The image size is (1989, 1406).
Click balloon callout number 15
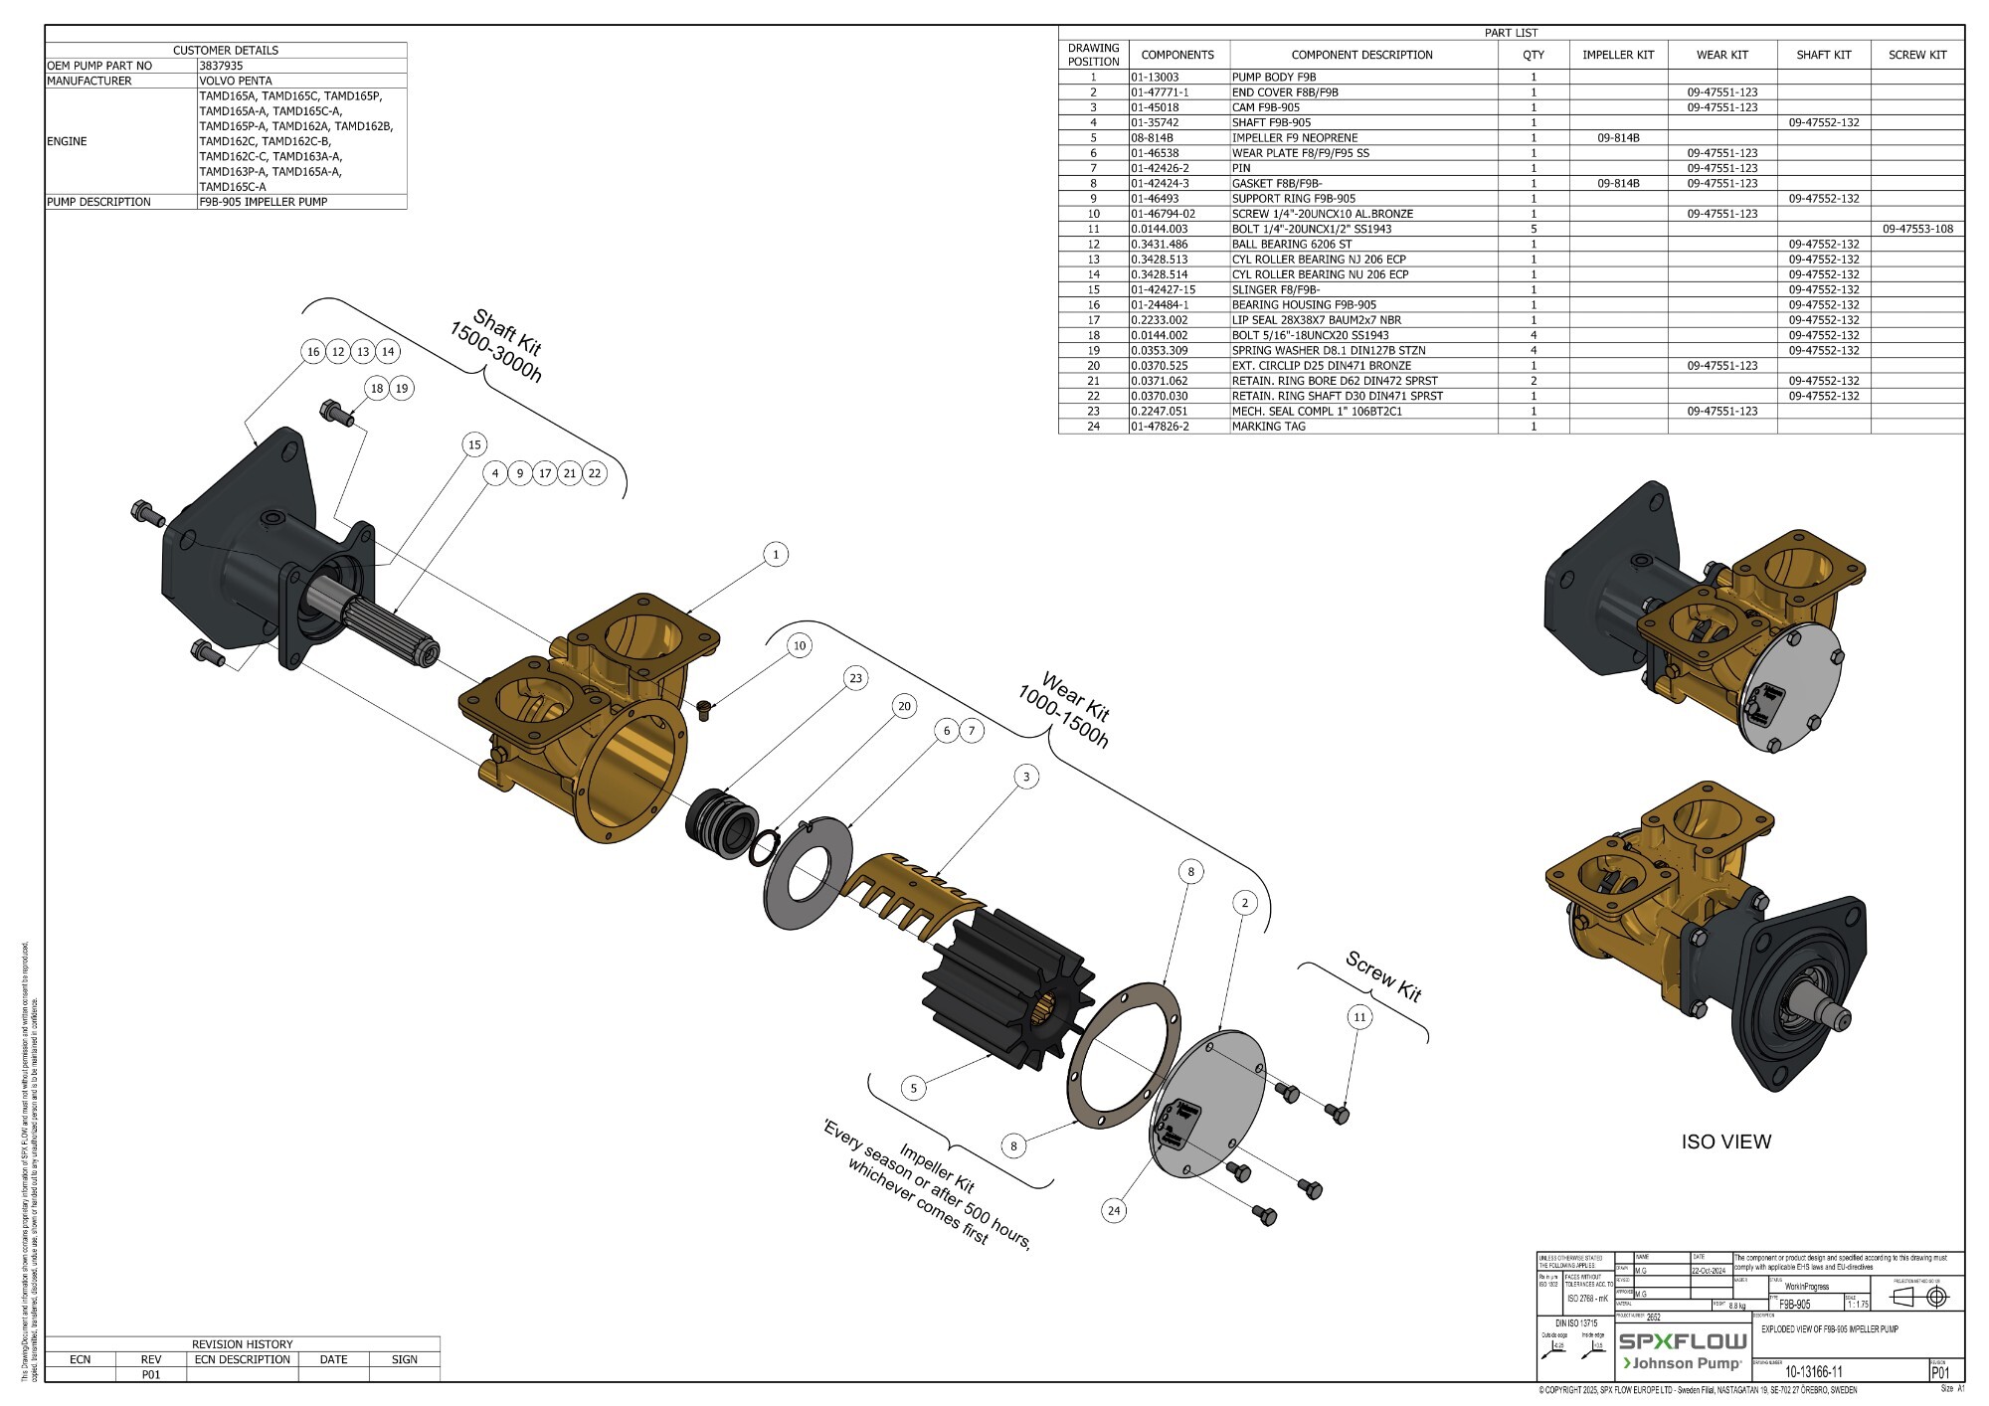pos(474,444)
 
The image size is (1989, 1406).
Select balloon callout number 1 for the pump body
pos(776,555)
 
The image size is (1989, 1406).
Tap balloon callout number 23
pos(855,678)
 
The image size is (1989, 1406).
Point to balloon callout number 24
pos(1114,1210)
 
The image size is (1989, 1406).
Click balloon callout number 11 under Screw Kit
pos(1359,1016)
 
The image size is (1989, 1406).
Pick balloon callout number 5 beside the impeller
pos(914,1088)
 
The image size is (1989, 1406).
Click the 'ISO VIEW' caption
pos(1725,1142)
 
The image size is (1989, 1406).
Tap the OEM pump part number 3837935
pos(221,66)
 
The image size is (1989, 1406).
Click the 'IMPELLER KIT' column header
pos(1618,55)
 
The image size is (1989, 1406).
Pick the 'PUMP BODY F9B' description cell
pos(1274,77)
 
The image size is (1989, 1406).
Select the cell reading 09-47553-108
pos(1917,229)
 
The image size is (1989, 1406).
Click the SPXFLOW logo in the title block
pos(1682,1341)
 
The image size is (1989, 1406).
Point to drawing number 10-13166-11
pos(1813,1372)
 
